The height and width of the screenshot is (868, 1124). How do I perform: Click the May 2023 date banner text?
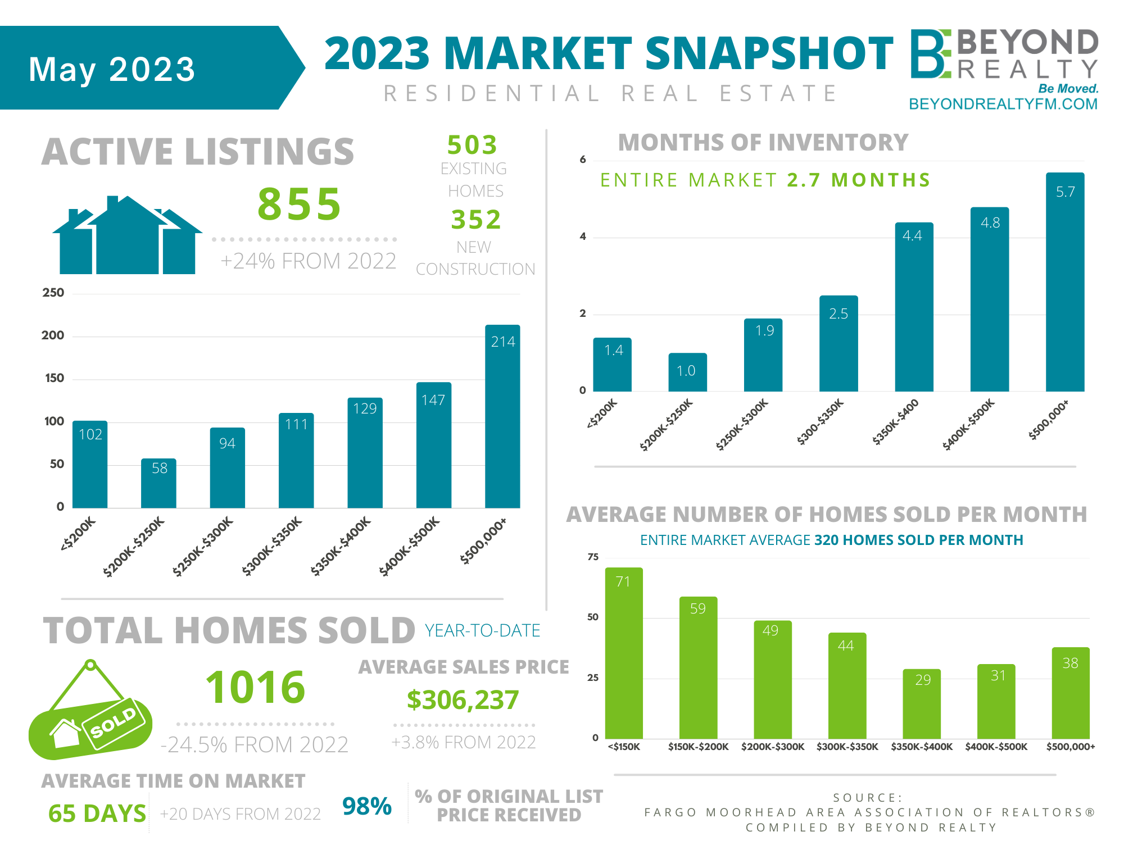(x=112, y=69)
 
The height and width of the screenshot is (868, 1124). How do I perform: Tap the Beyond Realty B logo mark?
(x=930, y=54)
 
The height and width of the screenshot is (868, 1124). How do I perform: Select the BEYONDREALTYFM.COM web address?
(x=1003, y=104)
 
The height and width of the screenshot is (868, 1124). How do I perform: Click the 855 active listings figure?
(x=300, y=204)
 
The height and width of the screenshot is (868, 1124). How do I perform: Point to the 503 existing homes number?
(x=472, y=145)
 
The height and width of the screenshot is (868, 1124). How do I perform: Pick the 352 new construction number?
(x=475, y=219)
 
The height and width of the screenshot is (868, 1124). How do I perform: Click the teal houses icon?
(x=128, y=236)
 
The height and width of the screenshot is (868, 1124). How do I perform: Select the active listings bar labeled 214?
(x=502, y=416)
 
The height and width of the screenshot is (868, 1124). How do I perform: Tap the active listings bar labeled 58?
(x=158, y=483)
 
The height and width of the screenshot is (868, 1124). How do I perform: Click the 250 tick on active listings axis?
(x=53, y=293)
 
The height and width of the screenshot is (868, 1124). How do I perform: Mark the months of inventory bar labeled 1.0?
(x=687, y=372)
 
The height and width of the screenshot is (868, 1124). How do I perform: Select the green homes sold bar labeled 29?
(x=921, y=703)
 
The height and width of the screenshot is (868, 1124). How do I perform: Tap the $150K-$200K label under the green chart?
(x=698, y=747)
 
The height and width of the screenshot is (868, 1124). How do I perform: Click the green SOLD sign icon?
(x=90, y=714)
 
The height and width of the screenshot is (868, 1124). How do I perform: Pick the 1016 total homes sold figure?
(x=256, y=687)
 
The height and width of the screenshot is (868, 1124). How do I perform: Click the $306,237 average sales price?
(x=463, y=700)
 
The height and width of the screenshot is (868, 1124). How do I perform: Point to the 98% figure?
(x=366, y=806)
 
